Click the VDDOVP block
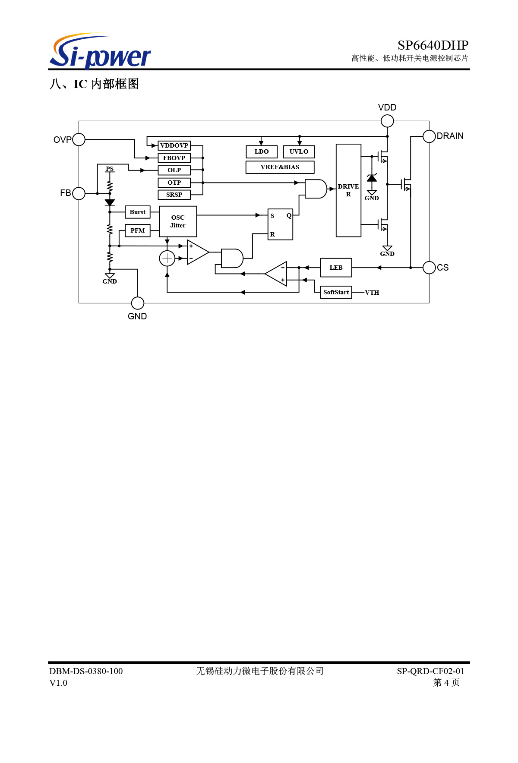click(x=174, y=145)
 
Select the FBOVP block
click(x=174, y=158)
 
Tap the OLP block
click(x=174, y=170)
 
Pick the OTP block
click(x=174, y=183)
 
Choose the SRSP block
click(x=174, y=195)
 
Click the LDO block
click(x=262, y=151)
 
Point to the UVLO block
click(x=299, y=151)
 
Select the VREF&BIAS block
click(x=280, y=167)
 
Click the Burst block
click(x=138, y=212)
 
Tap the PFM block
click(x=138, y=230)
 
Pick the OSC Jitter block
click(x=178, y=221)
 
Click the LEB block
click(x=336, y=268)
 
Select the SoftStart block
click(x=336, y=292)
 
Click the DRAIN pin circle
click(x=429, y=136)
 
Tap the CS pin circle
click(x=429, y=268)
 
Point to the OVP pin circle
click(x=79, y=139)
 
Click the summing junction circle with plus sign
click(x=167, y=259)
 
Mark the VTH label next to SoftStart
click(x=372, y=293)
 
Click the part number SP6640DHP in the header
click(x=433, y=45)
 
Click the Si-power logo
click(x=100, y=51)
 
